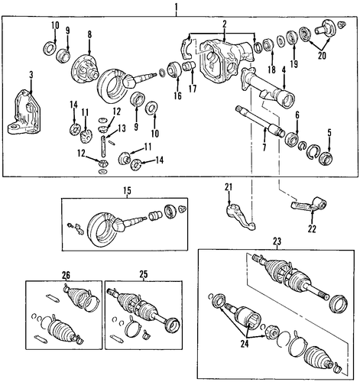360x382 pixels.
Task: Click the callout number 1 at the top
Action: [176, 8]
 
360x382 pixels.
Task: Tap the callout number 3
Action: [31, 75]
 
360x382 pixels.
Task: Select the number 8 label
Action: [89, 34]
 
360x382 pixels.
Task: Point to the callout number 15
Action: [128, 190]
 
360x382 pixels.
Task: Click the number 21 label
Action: [229, 187]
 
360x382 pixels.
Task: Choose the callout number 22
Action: [312, 229]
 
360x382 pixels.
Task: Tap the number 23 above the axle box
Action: [277, 241]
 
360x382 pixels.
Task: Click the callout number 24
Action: [245, 345]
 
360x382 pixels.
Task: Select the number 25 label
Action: [144, 274]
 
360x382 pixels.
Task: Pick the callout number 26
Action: [66, 274]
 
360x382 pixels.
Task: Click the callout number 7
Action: [264, 147]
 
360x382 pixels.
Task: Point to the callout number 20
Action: [322, 56]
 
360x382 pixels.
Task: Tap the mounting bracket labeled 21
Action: [241, 217]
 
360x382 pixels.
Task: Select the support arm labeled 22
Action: [309, 205]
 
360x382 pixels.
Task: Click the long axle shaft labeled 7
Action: [259, 121]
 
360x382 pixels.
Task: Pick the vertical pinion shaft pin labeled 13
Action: [103, 146]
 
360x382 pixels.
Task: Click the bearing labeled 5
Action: [326, 157]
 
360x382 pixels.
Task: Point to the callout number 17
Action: [193, 89]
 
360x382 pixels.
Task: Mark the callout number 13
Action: [122, 128]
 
